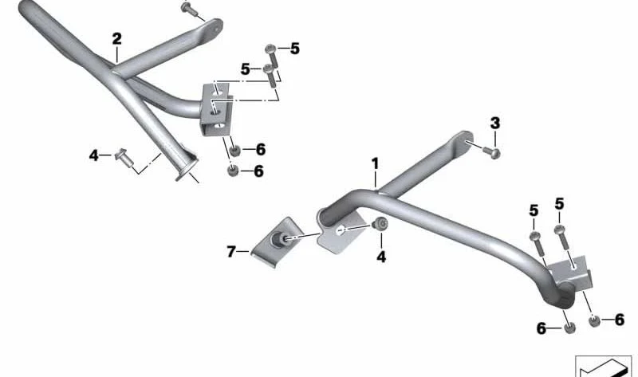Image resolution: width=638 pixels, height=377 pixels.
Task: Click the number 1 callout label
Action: point(375,164)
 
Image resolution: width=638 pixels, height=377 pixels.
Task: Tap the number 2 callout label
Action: point(116,39)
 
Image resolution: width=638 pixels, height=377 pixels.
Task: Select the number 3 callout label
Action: point(494,123)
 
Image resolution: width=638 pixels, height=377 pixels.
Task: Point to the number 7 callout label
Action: point(231,252)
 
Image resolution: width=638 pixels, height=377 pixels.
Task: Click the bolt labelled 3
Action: point(491,152)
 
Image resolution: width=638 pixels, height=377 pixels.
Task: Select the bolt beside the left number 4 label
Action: point(124,158)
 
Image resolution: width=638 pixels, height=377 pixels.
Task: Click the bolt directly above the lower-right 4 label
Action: point(380,224)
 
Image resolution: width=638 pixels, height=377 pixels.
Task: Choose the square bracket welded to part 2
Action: point(215,109)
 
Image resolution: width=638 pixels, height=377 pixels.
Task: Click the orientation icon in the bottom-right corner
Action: point(603,366)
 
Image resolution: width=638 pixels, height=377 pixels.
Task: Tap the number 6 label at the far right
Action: point(620,320)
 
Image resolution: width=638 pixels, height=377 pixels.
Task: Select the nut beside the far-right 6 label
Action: point(594,321)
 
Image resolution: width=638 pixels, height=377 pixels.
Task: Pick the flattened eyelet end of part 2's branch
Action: point(212,29)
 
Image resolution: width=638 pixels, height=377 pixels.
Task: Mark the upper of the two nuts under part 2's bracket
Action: point(234,151)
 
